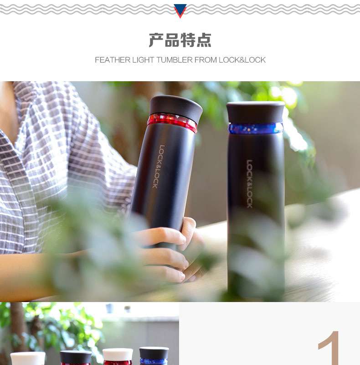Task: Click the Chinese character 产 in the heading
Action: point(156,40)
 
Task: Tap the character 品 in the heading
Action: point(172,40)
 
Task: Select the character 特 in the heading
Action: point(188,40)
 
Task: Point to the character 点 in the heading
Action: point(204,40)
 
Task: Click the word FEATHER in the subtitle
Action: point(113,60)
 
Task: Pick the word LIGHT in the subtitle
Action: point(143,60)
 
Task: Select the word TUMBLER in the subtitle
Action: point(175,60)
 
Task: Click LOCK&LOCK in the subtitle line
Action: point(242,60)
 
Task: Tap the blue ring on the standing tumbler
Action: point(256,129)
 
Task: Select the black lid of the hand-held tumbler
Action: point(176,107)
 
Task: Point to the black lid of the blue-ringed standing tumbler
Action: point(256,112)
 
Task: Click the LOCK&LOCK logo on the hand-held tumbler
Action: point(159,167)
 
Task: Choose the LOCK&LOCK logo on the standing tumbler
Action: point(250,184)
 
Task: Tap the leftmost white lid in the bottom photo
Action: point(28,359)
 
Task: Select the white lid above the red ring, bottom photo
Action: point(118,355)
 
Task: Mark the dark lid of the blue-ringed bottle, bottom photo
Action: point(154,353)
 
